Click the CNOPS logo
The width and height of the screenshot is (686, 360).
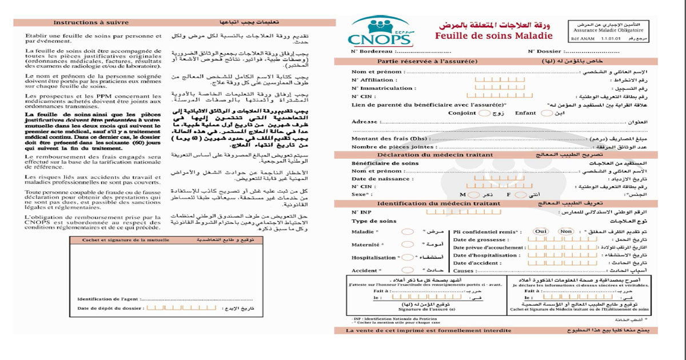pyautogui.click(x=380, y=33)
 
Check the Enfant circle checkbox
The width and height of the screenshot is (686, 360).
pyautogui.click(x=546, y=113)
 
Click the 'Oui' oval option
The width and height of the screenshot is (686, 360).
pyautogui.click(x=541, y=231)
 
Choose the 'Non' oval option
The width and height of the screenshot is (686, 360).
pyautogui.click(x=565, y=231)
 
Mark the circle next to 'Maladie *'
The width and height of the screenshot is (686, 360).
pyautogui.click(x=408, y=232)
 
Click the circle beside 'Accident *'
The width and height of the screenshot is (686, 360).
pyautogui.click(x=408, y=270)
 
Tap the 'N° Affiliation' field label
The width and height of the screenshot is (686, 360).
pyautogui.click(x=372, y=80)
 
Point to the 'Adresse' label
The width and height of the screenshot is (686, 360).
pyautogui.click(x=364, y=122)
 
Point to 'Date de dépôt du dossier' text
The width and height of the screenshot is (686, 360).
pyautogui.click(x=110, y=309)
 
